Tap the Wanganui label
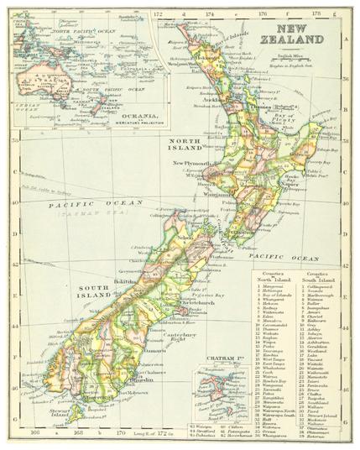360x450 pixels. click(x=222, y=194)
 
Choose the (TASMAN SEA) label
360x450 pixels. click(x=87, y=215)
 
